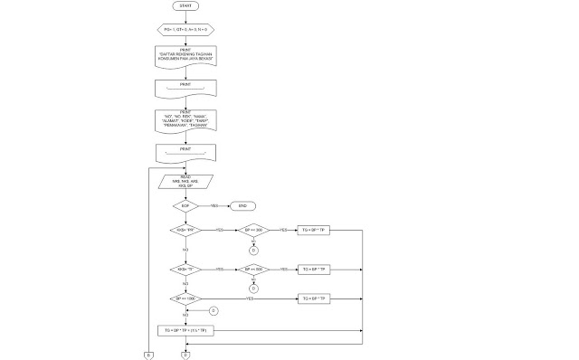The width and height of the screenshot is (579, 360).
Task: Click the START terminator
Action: (185, 5)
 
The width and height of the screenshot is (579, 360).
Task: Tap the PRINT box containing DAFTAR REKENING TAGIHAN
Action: (185, 55)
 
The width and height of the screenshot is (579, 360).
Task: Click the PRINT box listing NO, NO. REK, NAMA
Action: (185, 120)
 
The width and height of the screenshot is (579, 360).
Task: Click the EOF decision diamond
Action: (185, 205)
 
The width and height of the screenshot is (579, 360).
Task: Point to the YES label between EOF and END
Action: (214, 205)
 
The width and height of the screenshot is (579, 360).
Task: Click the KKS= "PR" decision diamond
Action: (185, 231)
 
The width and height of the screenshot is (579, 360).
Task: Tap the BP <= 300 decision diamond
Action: (253, 231)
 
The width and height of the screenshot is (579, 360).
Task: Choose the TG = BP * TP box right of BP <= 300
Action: (314, 231)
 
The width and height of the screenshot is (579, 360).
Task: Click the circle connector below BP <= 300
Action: (253, 250)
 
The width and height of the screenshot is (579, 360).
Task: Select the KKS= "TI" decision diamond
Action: (185, 269)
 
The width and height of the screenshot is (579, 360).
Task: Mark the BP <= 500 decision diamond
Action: (253, 269)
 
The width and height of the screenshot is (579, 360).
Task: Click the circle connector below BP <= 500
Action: (253, 288)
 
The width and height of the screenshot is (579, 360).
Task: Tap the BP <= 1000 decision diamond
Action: (185, 298)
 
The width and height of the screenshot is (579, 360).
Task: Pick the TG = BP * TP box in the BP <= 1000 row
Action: (314, 298)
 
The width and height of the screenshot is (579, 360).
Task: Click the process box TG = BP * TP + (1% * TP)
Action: (185, 331)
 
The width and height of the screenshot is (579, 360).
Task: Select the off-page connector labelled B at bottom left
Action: (147, 355)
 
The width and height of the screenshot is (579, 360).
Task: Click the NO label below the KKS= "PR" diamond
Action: (185, 249)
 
